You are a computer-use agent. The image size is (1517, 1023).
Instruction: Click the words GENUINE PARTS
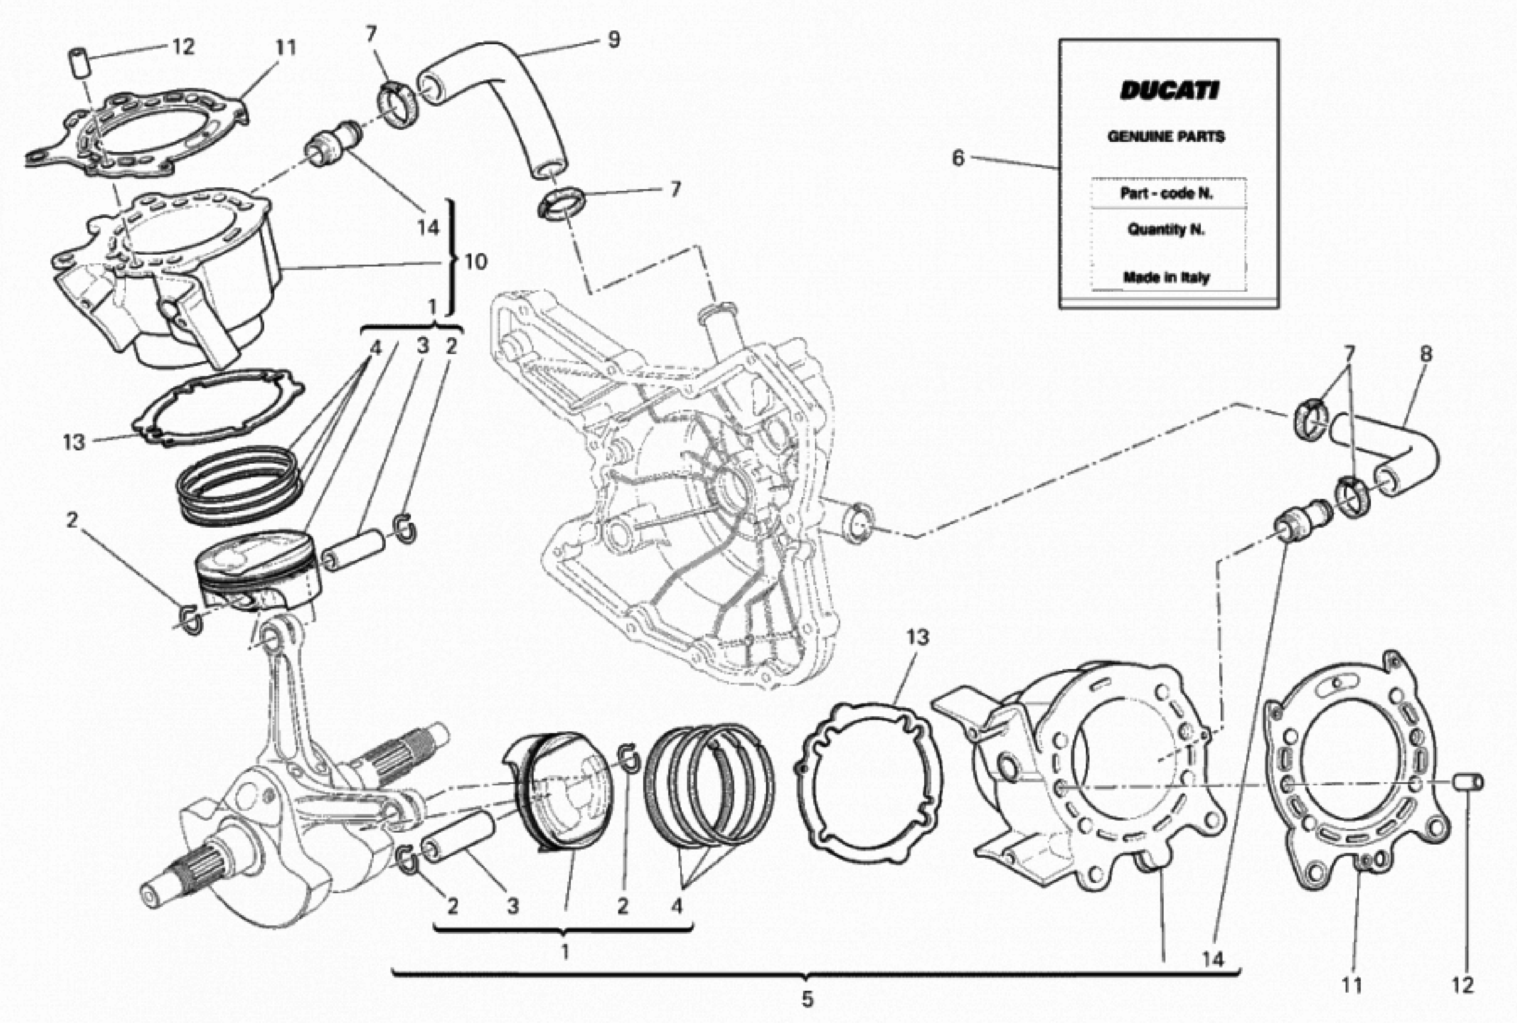(1166, 136)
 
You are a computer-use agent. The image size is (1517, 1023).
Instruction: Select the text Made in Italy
(1166, 277)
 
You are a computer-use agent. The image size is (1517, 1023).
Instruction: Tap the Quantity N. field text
(1166, 230)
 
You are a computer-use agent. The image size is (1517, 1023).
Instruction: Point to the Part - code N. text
(1166, 194)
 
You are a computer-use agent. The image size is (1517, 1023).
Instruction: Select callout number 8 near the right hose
(1426, 354)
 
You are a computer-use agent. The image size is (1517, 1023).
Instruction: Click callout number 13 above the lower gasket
(917, 637)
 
